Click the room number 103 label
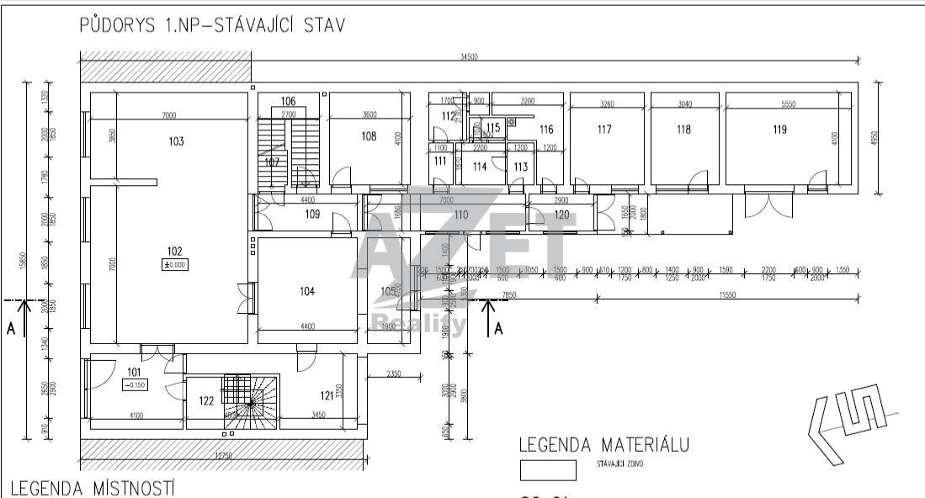tap(176, 141)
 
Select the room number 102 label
tap(174, 251)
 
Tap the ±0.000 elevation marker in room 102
tap(174, 264)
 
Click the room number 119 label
tap(779, 130)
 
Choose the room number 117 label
tap(603, 130)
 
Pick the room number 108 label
tap(369, 136)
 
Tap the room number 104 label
tap(306, 291)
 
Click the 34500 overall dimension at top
tap(470, 56)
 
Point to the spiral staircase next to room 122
tap(250, 402)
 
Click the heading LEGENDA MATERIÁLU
tap(604, 445)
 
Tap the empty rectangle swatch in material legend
tap(548, 469)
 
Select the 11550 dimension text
tap(727, 295)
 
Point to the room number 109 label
tap(289, 215)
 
